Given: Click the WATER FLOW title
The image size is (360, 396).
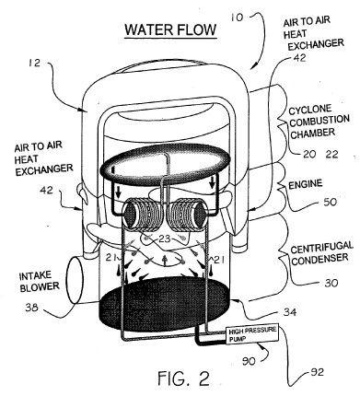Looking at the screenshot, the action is click(x=170, y=29).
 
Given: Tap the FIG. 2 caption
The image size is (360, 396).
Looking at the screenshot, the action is click(x=184, y=378).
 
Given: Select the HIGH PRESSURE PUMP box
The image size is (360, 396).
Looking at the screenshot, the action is click(x=252, y=333).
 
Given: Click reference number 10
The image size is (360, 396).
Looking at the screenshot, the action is click(x=237, y=17).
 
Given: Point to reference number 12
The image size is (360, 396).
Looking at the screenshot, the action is click(x=34, y=63).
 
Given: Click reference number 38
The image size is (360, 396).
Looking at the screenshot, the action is click(x=31, y=308).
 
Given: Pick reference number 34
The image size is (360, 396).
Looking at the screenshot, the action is click(x=290, y=312).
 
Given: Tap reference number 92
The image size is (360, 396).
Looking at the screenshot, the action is click(x=317, y=372).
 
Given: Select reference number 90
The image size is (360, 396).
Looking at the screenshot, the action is click(x=249, y=361).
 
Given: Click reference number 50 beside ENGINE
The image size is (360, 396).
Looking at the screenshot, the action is click(x=330, y=202).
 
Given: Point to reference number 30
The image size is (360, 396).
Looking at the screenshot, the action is click(x=331, y=283).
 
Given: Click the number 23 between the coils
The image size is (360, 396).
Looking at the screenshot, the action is click(x=165, y=239).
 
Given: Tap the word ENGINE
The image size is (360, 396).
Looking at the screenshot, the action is click(x=306, y=184).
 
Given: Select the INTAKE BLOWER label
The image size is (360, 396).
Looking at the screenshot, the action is click(x=40, y=282).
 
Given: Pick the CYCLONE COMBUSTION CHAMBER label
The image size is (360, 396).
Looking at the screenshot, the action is click(x=319, y=122).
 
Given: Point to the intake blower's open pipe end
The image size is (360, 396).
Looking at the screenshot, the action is click(x=75, y=280).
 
